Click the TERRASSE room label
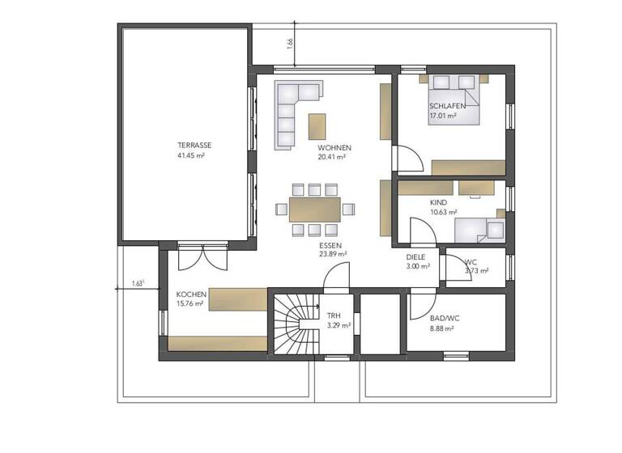[x=190, y=146]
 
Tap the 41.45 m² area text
[x=190, y=155]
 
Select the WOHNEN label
[x=334, y=148]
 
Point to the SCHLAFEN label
[x=448, y=107]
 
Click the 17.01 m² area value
[x=442, y=116]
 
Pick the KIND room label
[x=438, y=202]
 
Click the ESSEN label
[x=330, y=244]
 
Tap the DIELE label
[x=416, y=256]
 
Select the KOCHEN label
[x=191, y=294]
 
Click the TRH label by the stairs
[x=334, y=315]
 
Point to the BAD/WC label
[x=442, y=319]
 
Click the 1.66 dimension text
[x=290, y=43]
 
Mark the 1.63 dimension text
[x=137, y=284]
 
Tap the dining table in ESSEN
[x=314, y=210]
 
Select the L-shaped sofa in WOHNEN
[x=292, y=113]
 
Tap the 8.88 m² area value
[x=441, y=328]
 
